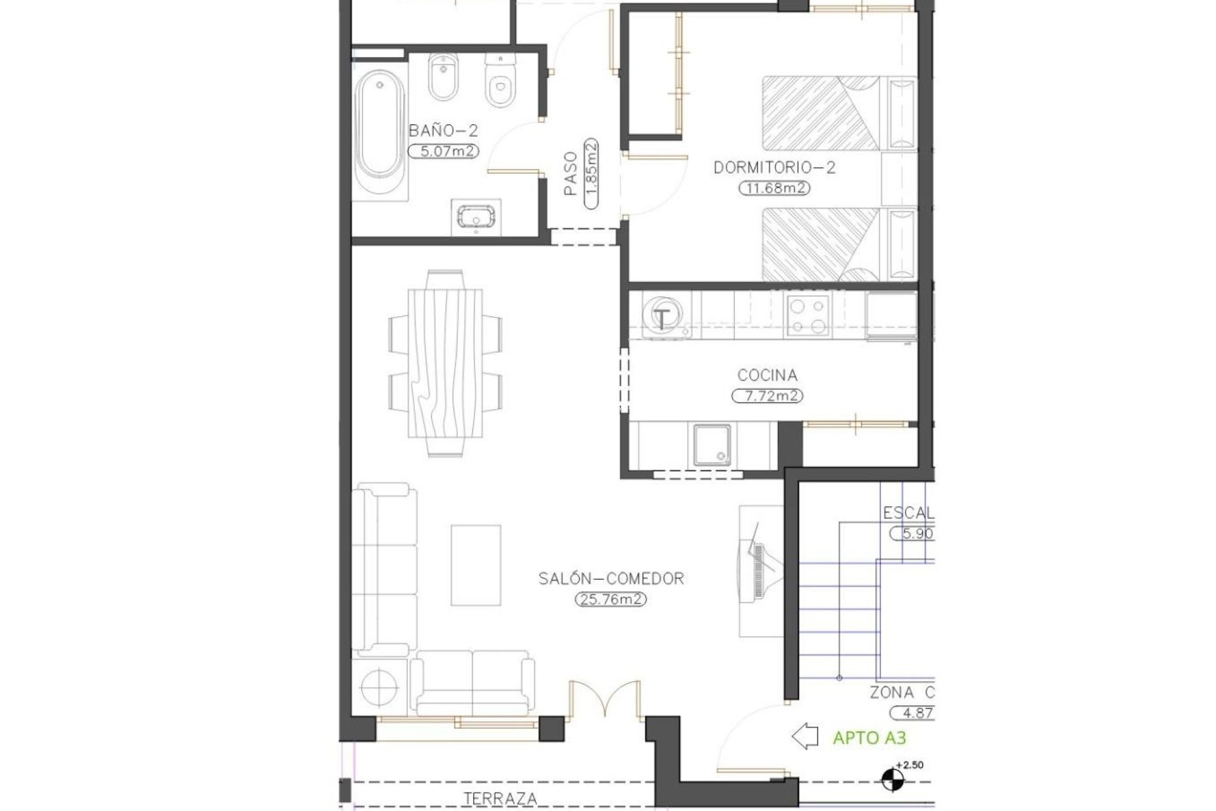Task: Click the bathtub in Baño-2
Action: pyautogui.click(x=379, y=134)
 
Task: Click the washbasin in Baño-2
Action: pyautogui.click(x=476, y=217)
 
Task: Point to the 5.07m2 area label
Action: pyautogui.click(x=443, y=151)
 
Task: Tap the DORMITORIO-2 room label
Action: pyautogui.click(x=774, y=168)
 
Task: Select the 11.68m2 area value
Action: pyautogui.click(x=774, y=188)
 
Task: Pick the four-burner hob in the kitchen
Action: pyautogui.click(x=807, y=316)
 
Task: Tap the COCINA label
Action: pyautogui.click(x=767, y=375)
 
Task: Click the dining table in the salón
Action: pyautogui.click(x=445, y=364)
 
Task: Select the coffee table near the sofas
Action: pyautogui.click(x=476, y=565)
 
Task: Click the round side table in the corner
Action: pyautogui.click(x=379, y=687)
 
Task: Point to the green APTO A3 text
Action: pyautogui.click(x=869, y=738)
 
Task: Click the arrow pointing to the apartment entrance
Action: pyautogui.click(x=805, y=737)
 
